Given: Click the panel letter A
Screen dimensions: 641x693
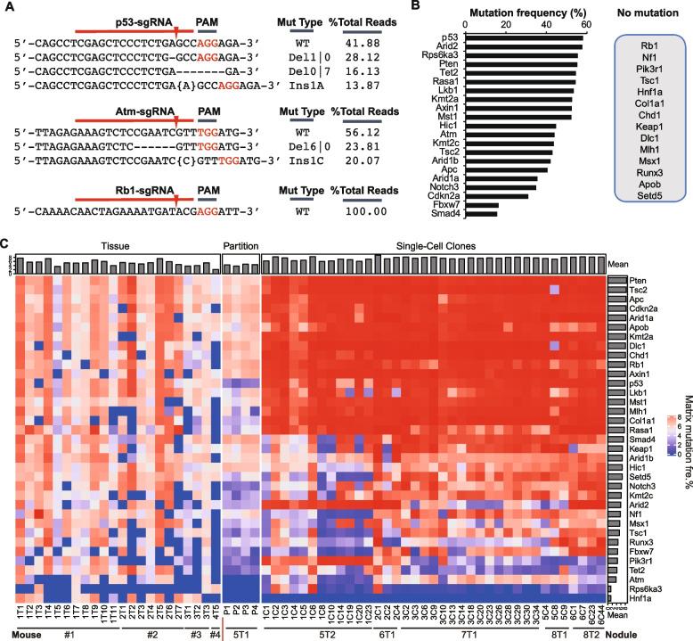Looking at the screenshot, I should [6, 7].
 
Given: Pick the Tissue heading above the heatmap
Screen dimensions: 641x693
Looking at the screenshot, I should [113, 244].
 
